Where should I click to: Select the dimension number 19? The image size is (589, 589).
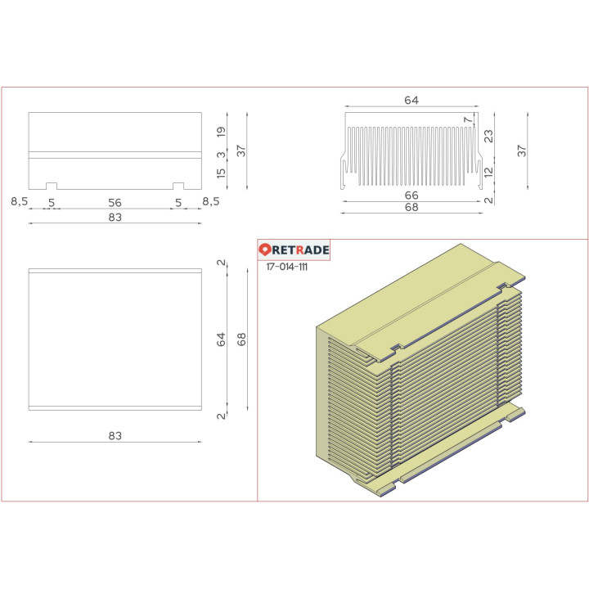click(221, 131)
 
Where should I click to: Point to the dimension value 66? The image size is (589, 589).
click(411, 196)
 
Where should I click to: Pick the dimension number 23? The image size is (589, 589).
click(488, 137)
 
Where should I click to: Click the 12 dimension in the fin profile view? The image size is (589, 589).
click(488, 172)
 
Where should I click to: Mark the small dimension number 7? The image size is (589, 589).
click(468, 120)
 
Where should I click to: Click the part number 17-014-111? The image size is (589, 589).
click(287, 267)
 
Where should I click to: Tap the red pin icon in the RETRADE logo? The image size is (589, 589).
click(265, 250)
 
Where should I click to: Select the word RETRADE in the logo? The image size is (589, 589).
click(300, 250)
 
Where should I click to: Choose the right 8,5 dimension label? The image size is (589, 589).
click(210, 200)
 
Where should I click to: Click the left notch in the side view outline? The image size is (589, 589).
click(51, 185)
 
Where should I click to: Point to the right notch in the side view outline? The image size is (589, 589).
click(178, 185)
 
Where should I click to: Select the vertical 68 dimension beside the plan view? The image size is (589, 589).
click(241, 339)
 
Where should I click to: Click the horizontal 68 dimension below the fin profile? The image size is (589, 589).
click(411, 208)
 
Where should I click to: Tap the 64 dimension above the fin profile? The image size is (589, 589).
click(411, 100)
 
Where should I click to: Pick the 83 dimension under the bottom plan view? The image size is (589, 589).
click(115, 436)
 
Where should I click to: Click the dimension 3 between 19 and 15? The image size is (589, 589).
click(221, 154)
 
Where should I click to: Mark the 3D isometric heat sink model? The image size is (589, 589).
click(417, 368)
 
